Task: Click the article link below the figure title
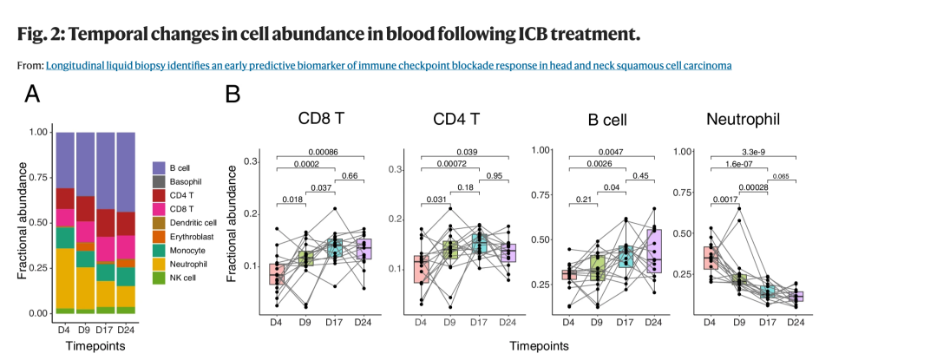[x=389, y=65]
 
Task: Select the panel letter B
[x=233, y=94]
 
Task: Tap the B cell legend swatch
[x=158, y=167]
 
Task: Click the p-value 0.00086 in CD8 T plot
[x=320, y=151]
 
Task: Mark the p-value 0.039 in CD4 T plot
[x=465, y=151]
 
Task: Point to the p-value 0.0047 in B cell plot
[x=609, y=151]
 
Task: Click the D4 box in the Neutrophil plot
[x=711, y=258]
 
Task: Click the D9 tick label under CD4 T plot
[x=449, y=322]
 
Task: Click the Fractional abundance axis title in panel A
[x=23, y=222]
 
